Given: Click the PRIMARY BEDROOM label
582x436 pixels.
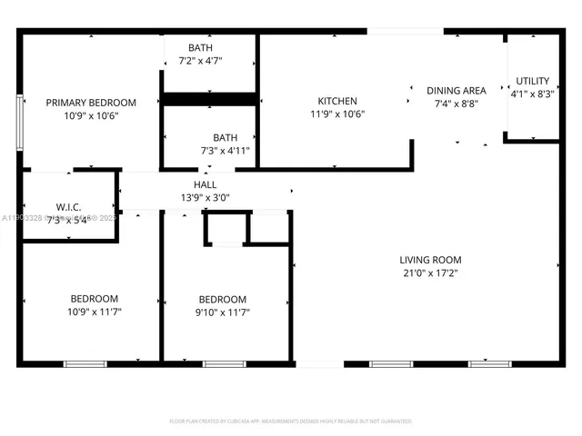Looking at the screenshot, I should [91, 103].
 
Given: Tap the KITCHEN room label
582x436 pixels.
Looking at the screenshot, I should [336, 101].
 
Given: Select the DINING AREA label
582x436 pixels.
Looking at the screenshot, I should [457, 91].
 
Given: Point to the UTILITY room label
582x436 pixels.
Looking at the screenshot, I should [532, 81].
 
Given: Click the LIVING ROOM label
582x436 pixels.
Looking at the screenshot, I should [432, 260].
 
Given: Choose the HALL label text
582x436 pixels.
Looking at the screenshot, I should [205, 183].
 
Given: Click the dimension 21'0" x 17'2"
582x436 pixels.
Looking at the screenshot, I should [432, 272].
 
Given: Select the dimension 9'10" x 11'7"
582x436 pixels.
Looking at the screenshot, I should [224, 312].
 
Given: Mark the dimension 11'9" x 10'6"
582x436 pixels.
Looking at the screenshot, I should [336, 114].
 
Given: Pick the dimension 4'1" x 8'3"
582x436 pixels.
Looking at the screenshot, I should [532, 94].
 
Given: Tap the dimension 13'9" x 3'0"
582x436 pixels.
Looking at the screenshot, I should [205, 196].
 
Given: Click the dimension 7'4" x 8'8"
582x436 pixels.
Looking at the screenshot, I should [457, 104].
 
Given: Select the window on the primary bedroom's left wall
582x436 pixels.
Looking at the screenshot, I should [19, 117].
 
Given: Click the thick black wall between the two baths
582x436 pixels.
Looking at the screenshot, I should [210, 98].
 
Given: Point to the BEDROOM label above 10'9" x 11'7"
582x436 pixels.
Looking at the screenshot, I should [95, 299].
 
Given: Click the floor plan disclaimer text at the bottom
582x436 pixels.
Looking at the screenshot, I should [291, 421].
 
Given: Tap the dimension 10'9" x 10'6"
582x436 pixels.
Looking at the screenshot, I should [91, 115].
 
